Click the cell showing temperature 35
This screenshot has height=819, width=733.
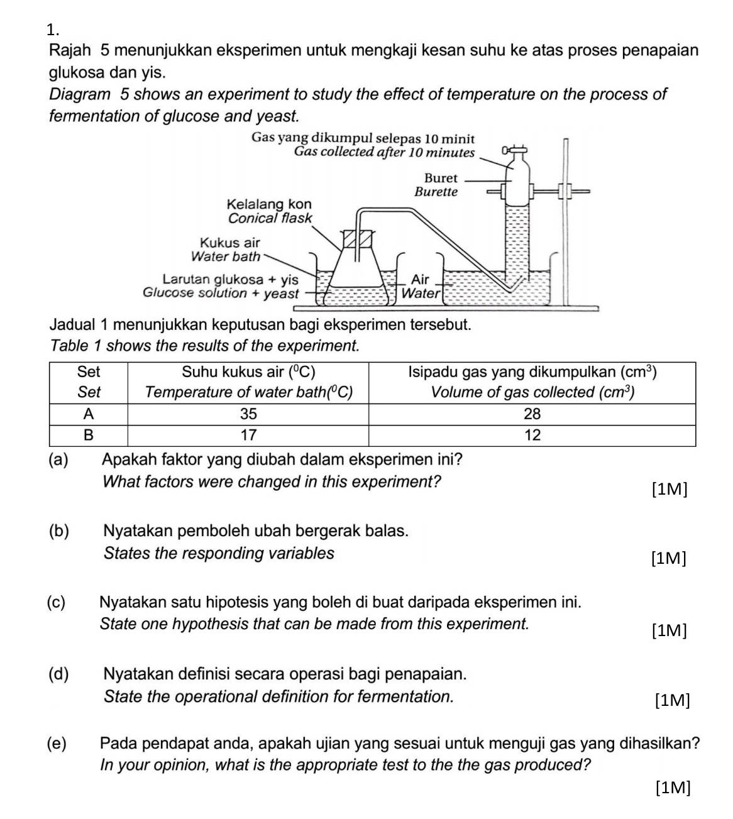248,414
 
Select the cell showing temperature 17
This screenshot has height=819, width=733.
248,435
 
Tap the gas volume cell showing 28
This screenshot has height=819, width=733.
532,414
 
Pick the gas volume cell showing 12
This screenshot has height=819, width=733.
532,435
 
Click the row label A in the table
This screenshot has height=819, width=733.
89,414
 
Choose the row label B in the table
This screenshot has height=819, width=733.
89,435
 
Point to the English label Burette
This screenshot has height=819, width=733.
436,192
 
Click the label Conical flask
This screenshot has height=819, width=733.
270,218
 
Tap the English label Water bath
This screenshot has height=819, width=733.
225,256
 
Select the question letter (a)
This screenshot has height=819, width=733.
58,459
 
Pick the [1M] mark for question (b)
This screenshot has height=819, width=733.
669,558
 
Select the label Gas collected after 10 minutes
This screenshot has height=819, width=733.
384,152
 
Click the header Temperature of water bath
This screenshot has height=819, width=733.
248,393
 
